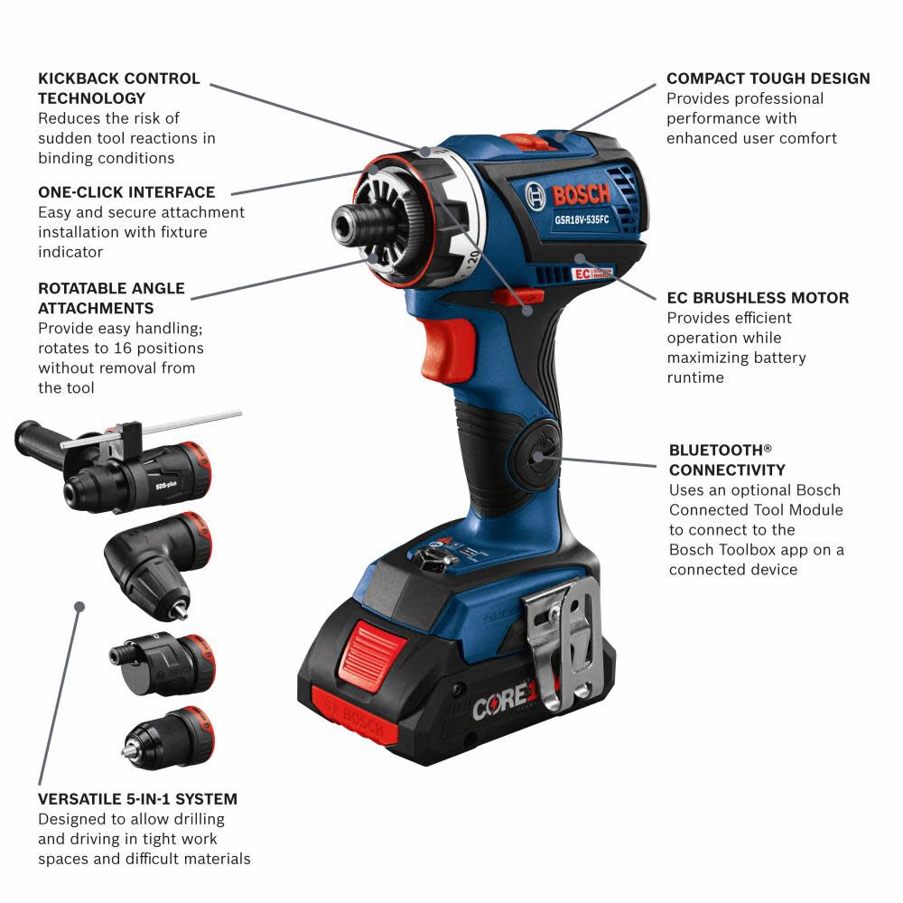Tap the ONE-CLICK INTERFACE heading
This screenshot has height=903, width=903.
(126, 192)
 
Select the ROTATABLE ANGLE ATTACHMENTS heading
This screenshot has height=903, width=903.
(111, 298)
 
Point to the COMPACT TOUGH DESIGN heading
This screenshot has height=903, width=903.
(768, 79)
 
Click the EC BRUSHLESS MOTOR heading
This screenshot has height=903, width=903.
(758, 298)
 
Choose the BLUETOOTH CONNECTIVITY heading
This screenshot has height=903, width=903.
(727, 460)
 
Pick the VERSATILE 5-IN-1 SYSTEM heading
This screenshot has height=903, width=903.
(137, 799)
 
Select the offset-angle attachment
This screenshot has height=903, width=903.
(163, 661)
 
